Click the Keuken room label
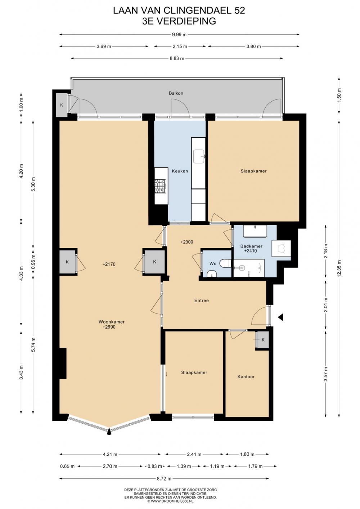[x=180, y=171]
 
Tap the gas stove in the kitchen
[x=160, y=186]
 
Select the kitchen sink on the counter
[x=199, y=156]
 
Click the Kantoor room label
[x=246, y=377]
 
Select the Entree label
[x=202, y=300]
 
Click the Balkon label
[x=176, y=93]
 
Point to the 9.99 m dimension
[x=179, y=35]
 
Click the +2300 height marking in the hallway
[x=187, y=242]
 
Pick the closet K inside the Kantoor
[x=263, y=340]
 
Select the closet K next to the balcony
[x=62, y=105]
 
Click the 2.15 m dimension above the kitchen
[x=180, y=46]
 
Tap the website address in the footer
[x=170, y=506]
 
